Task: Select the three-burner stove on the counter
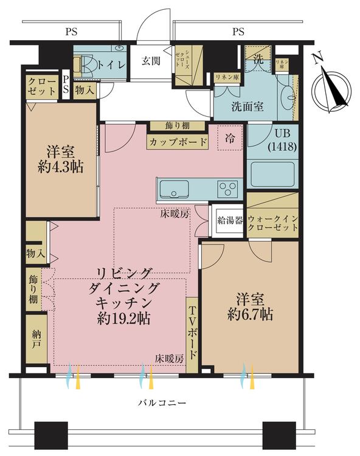click(x=228, y=188)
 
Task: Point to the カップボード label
click(x=178, y=142)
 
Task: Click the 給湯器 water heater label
click(x=227, y=220)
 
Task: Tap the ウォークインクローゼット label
click(x=272, y=222)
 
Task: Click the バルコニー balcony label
click(x=162, y=402)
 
